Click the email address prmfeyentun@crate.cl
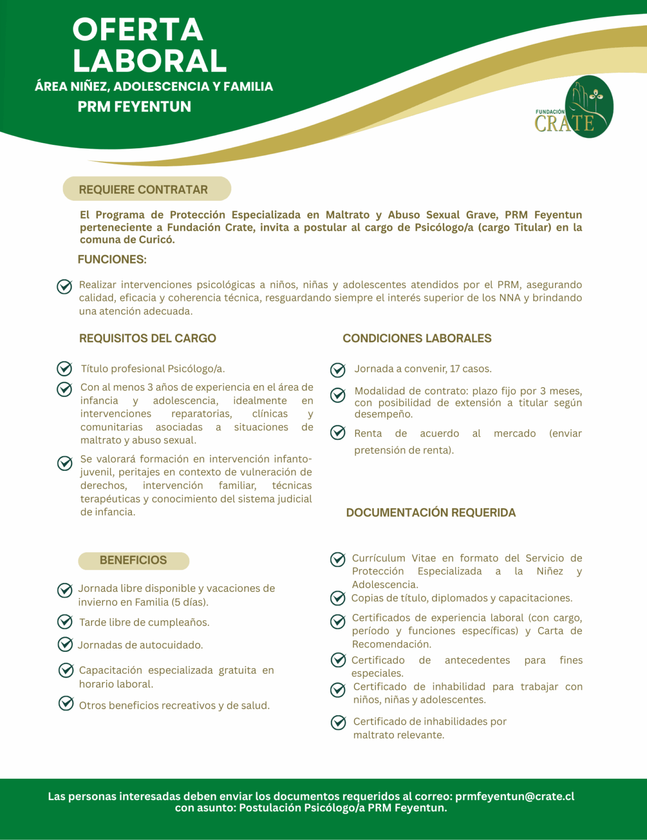click(x=515, y=796)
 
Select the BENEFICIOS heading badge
click(x=133, y=561)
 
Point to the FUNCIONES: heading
click(x=112, y=259)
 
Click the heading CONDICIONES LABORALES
click(x=417, y=339)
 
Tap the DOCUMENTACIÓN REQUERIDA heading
click(x=431, y=512)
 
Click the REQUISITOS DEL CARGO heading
click(x=148, y=339)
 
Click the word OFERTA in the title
click(x=138, y=30)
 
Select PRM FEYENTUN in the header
click(x=135, y=107)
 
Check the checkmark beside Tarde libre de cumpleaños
click(x=65, y=622)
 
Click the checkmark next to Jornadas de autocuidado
click(x=65, y=644)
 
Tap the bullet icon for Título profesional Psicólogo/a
click(x=65, y=369)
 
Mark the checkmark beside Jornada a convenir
click(x=338, y=370)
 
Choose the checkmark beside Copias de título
click(x=338, y=598)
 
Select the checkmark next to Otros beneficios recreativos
click(x=66, y=703)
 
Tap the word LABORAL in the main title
click(x=150, y=61)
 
